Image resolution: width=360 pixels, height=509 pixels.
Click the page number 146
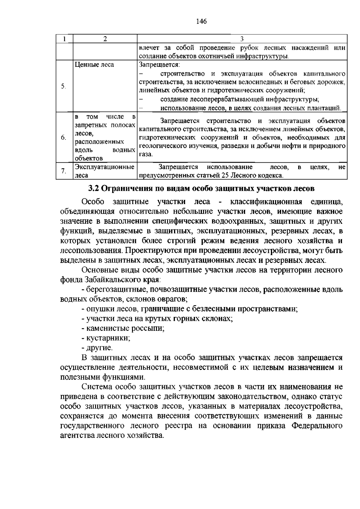(x=201, y=21)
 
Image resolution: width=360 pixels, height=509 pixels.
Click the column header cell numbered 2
(x=105, y=39)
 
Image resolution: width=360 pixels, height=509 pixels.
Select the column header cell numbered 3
(x=242, y=39)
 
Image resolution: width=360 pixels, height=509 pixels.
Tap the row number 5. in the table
(x=64, y=86)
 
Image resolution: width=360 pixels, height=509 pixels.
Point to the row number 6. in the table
(x=64, y=138)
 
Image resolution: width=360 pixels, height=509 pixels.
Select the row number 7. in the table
(x=64, y=171)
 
